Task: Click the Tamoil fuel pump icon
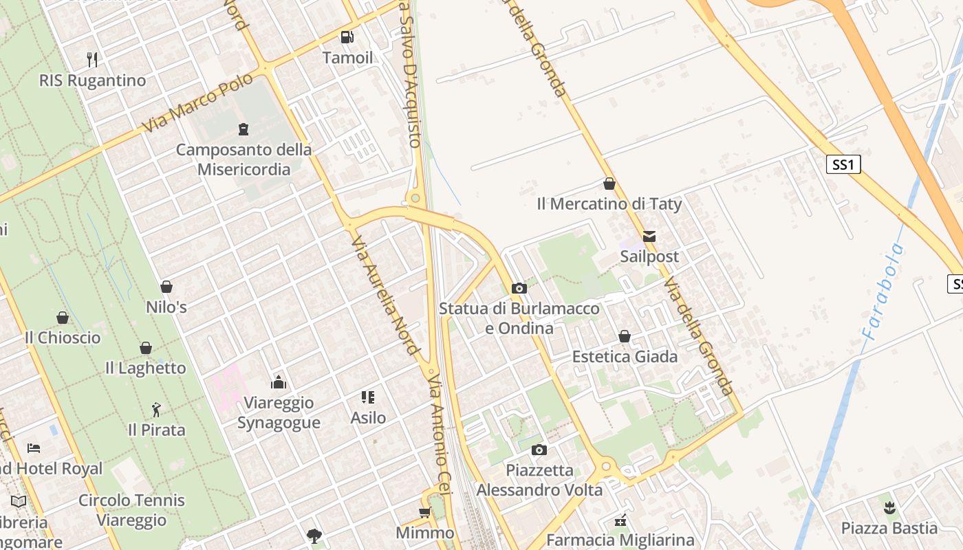(347, 37)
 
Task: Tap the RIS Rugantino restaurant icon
(93, 60)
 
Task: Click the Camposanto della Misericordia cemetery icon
(243, 129)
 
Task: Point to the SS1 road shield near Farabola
(843, 165)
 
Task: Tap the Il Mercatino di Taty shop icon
(609, 184)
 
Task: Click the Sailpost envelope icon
(649, 236)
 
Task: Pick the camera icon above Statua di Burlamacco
(519, 289)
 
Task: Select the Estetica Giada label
(625, 357)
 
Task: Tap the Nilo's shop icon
(166, 287)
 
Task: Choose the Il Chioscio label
(63, 338)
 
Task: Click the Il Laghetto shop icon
(146, 348)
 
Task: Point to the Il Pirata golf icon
(157, 410)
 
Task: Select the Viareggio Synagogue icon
(279, 382)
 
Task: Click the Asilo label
(368, 417)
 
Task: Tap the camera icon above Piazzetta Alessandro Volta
(539, 450)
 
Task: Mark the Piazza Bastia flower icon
(889, 508)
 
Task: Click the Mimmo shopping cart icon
(425, 513)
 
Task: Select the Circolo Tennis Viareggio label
(131, 510)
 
